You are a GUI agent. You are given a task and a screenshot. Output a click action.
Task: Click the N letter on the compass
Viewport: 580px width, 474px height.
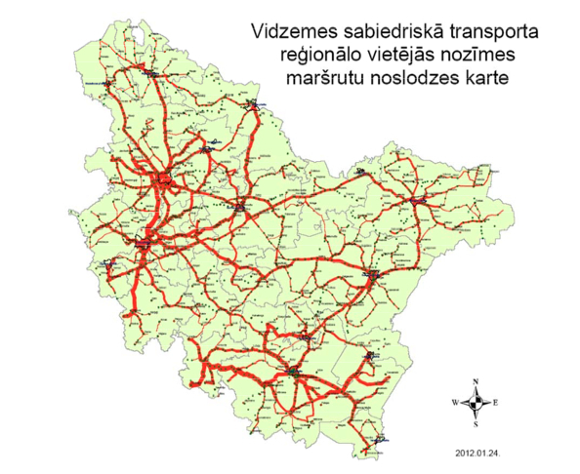pyautogui.click(x=475, y=379)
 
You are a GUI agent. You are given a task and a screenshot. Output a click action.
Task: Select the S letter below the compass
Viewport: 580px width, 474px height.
pyautogui.click(x=475, y=424)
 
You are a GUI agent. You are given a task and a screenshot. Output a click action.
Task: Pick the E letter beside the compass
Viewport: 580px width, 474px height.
pyautogui.click(x=496, y=402)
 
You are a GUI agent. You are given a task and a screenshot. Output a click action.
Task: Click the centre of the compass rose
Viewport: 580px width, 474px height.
pyautogui.click(x=475, y=401)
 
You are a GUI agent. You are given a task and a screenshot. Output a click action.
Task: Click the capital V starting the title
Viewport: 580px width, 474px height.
pyautogui.click(x=255, y=29)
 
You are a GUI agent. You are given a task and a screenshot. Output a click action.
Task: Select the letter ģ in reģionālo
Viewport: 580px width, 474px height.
pyautogui.click(x=282, y=56)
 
